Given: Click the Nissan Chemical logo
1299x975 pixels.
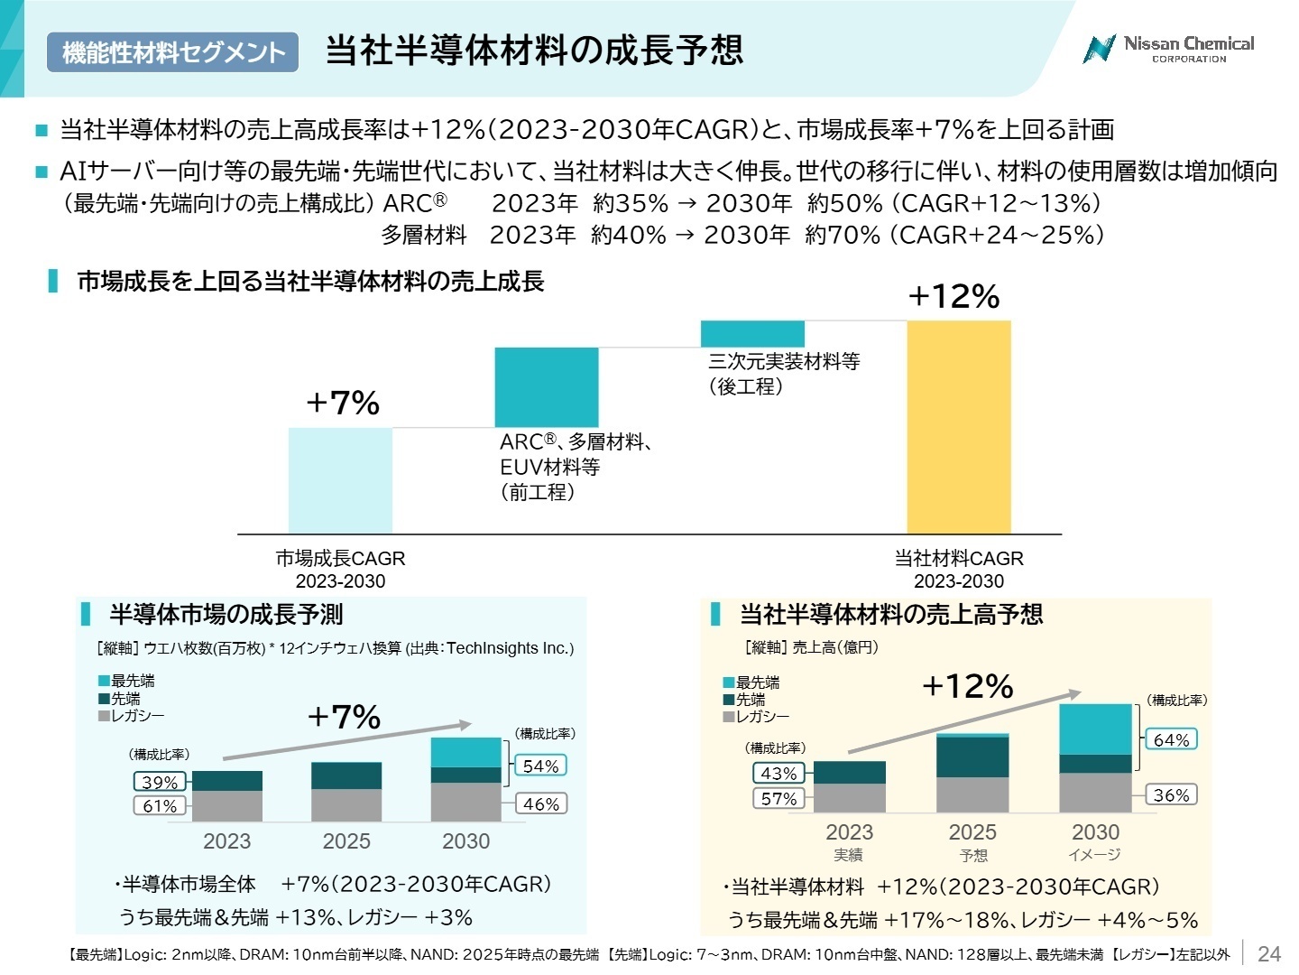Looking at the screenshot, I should [1167, 49].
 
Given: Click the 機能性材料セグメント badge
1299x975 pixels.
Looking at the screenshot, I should [172, 52].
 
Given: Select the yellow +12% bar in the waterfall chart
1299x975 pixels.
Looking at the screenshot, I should [958, 426].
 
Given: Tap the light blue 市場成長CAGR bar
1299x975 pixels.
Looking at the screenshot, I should [340, 480].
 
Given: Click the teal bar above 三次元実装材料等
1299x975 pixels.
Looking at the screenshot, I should [752, 333].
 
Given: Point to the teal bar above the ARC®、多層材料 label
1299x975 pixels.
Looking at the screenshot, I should [547, 386].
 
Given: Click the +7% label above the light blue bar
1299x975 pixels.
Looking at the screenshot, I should [343, 403].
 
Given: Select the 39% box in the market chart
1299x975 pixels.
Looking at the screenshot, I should [160, 782].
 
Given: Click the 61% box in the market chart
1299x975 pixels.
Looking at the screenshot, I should [160, 805].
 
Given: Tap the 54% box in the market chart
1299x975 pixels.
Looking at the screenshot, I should [540, 766].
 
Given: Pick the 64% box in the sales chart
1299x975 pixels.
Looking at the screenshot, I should [1171, 739].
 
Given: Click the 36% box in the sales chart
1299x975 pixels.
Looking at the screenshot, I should [1171, 794].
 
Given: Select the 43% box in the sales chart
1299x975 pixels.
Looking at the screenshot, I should [778, 773].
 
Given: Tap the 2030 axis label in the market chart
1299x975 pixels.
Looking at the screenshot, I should [465, 840].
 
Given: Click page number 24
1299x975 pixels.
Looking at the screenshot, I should [1268, 953].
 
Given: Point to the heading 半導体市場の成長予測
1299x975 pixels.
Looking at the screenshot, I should [226, 615].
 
